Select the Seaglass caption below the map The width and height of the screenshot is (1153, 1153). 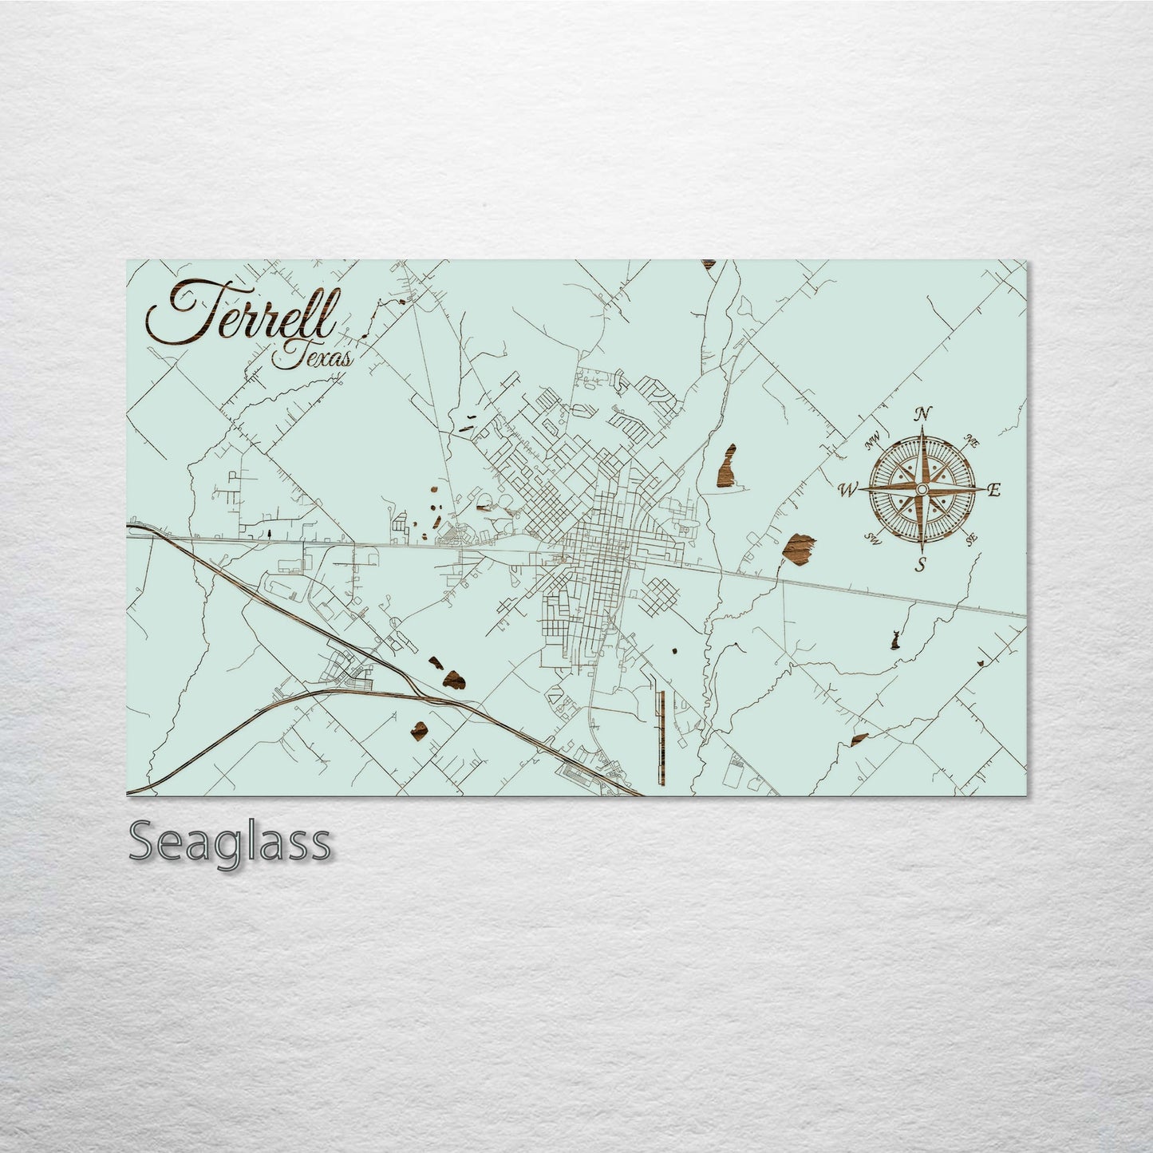(x=228, y=842)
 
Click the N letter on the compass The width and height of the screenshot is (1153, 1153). (x=923, y=413)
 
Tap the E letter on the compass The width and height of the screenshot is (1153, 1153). (x=993, y=491)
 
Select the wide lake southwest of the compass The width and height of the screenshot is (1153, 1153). (x=799, y=548)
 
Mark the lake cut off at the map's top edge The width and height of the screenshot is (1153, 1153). (x=708, y=264)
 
